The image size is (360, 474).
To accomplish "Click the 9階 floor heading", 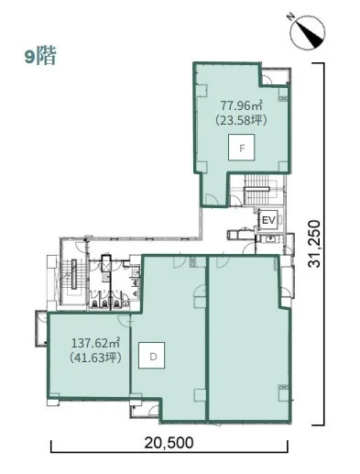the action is coord(40,56).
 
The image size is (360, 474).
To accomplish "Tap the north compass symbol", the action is coord(308,33).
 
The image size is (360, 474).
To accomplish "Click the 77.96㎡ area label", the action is coord(242,106).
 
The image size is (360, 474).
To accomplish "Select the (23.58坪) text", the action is coord(242,120).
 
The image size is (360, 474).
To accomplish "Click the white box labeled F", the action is coord(242,148).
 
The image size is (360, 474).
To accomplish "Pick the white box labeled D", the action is coord(152,355).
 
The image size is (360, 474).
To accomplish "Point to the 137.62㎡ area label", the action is coord(95,343).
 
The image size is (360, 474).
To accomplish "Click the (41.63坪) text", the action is coord(95,357).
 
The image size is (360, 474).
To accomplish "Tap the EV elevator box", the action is coord(268,220).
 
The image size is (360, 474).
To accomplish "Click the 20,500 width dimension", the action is coord(169,443).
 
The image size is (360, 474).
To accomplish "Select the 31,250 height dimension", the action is coord(314,244).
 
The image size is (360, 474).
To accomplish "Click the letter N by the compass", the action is coord(290,17).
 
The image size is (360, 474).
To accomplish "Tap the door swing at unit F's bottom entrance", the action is coord(212,200).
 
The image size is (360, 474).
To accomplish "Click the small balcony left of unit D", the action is coord(41,328).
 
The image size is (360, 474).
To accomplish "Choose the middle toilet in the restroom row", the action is coord(105,303).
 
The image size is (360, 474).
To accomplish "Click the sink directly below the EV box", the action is coord(270,239).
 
